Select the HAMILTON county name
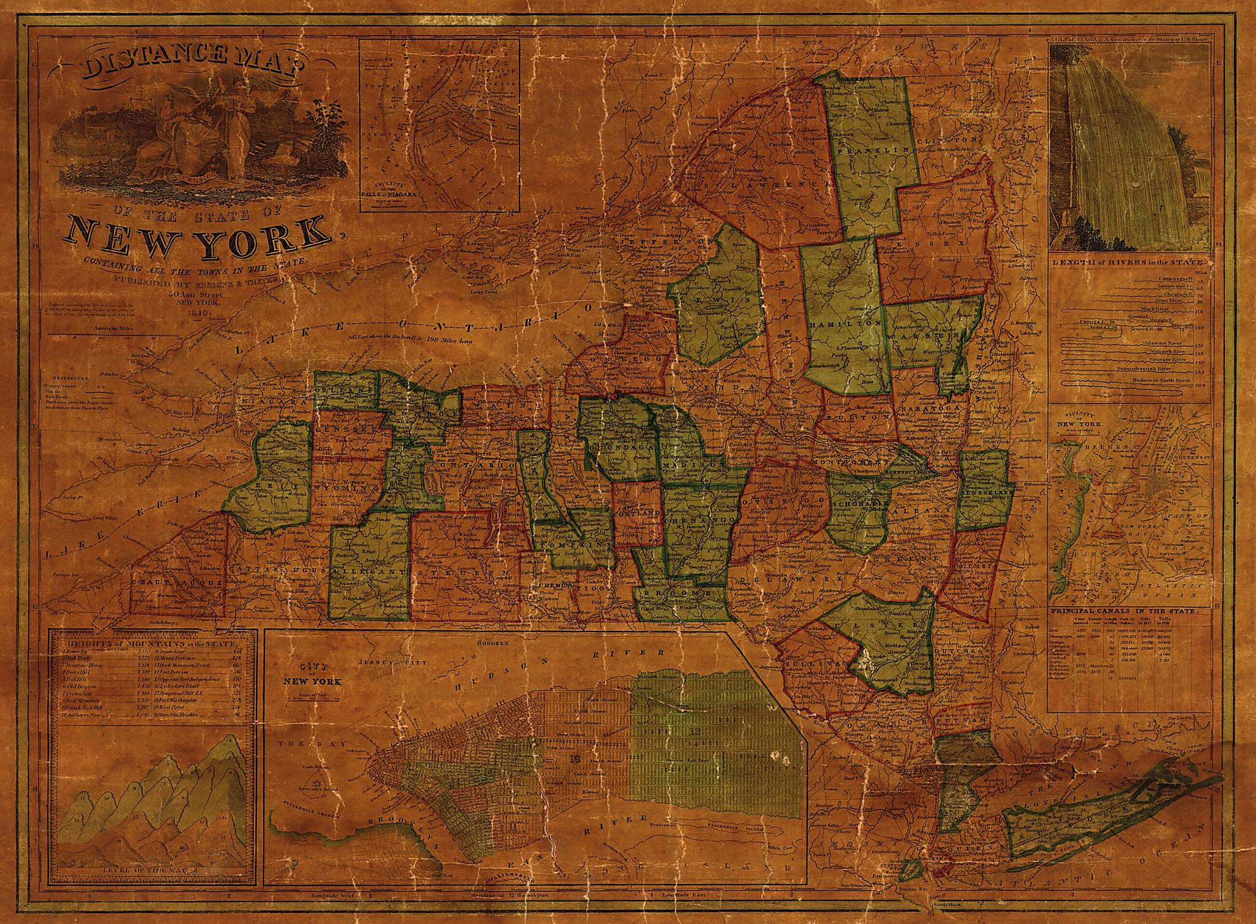tap(845, 323)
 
